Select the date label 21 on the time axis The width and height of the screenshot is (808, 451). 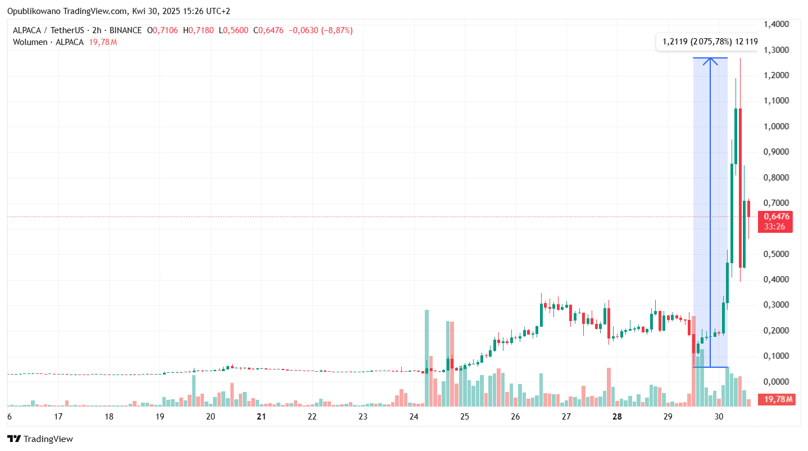[x=261, y=417]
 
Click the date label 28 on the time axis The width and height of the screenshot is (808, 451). [x=617, y=417]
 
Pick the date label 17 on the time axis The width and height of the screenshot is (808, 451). [x=58, y=417]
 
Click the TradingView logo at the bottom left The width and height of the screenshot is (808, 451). [x=40, y=439]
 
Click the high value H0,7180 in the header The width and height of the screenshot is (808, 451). [x=198, y=30]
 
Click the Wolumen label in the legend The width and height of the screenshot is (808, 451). [x=30, y=42]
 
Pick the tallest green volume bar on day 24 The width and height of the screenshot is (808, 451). [x=426, y=358]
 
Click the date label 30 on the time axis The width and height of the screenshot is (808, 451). [x=719, y=417]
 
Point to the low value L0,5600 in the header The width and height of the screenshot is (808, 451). [x=233, y=30]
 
